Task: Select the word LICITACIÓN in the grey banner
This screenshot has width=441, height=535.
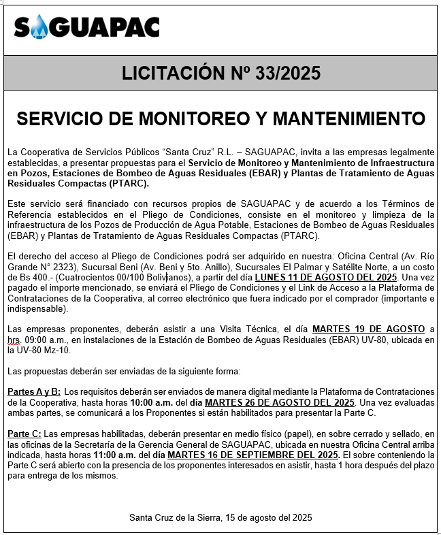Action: (176, 74)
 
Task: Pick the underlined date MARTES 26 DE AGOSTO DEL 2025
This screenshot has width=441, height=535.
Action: (289, 402)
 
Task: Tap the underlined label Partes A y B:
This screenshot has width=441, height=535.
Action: (34, 392)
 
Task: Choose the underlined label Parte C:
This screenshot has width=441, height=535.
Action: (24, 434)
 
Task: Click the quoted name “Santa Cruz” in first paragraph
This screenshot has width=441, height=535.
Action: (154, 150)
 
